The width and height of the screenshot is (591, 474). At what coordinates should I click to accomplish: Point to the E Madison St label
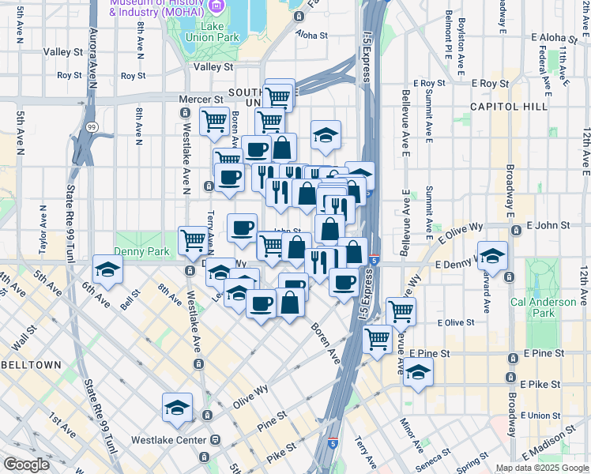tap(555, 449)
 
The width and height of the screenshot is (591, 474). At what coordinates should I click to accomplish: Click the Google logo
tap(25, 465)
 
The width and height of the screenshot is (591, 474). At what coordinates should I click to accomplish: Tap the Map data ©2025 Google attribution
tap(541, 468)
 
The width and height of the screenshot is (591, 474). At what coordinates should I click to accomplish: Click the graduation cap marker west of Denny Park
tap(107, 269)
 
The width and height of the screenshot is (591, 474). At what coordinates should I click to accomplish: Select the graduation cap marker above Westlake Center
tap(177, 407)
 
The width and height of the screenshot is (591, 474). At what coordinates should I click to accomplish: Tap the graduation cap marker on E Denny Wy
tap(492, 255)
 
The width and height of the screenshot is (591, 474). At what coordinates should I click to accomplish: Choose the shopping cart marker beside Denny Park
tap(193, 241)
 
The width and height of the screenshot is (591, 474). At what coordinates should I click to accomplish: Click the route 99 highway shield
tap(92, 126)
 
